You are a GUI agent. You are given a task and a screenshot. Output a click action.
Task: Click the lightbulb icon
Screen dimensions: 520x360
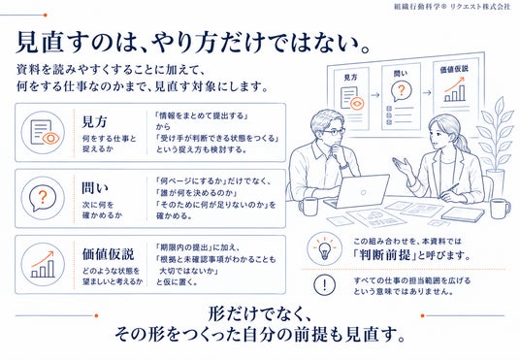tap(324, 248)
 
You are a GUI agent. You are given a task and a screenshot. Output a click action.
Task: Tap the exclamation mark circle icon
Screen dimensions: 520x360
tap(324, 284)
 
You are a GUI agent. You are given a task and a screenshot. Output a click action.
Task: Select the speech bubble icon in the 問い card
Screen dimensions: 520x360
tap(43, 198)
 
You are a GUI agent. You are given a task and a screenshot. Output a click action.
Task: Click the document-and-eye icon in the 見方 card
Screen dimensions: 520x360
tap(43, 132)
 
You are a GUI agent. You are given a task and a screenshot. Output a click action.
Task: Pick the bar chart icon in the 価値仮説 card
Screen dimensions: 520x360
tap(43, 265)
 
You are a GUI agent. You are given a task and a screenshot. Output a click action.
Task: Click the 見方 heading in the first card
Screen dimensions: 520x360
tap(94, 121)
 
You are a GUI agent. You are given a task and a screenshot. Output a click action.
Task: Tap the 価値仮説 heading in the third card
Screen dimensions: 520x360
tap(108, 254)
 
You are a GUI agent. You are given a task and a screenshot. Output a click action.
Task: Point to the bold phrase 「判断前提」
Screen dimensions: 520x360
tap(385, 255)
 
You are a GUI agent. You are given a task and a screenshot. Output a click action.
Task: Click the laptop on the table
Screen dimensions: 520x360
tap(356, 190)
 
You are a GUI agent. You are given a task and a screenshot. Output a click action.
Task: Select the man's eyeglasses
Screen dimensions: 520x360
tap(333, 132)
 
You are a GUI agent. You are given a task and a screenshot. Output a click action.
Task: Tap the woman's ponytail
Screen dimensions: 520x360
tap(465, 142)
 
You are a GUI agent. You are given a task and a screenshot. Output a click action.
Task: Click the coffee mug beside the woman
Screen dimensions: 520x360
tap(500, 209)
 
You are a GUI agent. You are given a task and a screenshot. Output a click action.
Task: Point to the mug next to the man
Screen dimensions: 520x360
tap(309, 207)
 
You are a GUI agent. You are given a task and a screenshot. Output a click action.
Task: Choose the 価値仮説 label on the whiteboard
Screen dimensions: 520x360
tap(454, 69)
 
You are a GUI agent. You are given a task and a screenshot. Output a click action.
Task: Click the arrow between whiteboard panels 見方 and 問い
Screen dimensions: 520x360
tap(375, 95)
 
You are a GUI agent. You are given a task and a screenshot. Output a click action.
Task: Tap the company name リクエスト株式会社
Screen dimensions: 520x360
tap(480, 7)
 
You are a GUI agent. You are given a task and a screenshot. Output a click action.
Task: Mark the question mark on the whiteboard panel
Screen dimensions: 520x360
tap(402, 90)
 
